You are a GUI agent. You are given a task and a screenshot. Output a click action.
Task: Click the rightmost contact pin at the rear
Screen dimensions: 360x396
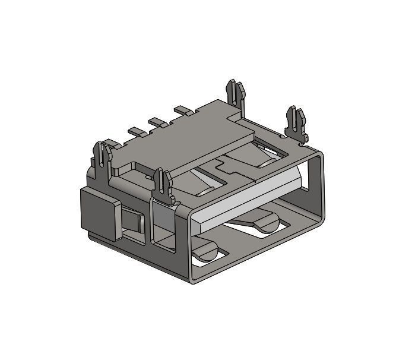click(183, 110)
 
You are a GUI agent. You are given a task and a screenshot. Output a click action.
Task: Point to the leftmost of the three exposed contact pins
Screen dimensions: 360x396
click(135, 131)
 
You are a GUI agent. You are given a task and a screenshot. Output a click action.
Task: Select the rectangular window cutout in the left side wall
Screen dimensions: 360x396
click(163, 225)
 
